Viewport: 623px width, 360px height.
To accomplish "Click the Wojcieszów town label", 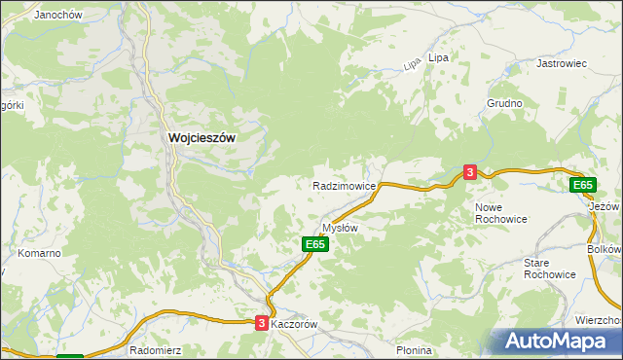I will (202, 138).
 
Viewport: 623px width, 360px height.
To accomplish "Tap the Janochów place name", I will (56, 16).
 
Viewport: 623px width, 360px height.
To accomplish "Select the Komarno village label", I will (40, 253).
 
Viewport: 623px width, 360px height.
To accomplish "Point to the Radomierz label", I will (154, 349).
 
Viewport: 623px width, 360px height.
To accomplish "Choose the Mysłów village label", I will (341, 228).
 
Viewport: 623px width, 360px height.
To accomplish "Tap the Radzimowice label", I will (344, 185).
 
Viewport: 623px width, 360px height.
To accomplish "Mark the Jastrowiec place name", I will (562, 63).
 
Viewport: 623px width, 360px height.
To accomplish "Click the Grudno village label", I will (505, 103).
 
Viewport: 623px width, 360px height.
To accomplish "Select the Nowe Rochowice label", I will (500, 213).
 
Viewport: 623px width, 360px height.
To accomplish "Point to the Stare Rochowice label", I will (549, 269).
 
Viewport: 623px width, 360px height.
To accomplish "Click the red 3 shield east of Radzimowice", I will (470, 172).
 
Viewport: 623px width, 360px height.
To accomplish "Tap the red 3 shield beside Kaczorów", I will (261, 323).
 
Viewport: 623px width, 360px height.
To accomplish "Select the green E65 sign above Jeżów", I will (582, 185).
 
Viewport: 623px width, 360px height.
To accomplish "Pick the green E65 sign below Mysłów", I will (313, 245).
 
